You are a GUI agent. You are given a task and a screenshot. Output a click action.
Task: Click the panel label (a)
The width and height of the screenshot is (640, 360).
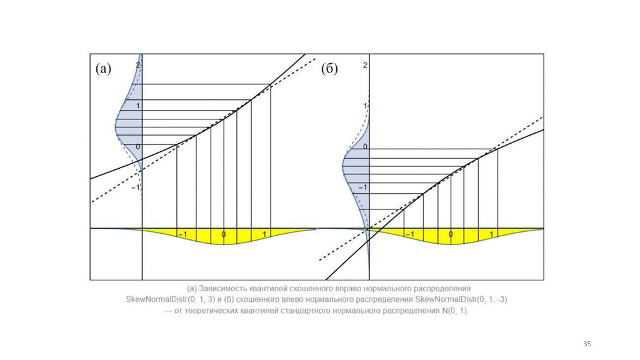tap(103, 69)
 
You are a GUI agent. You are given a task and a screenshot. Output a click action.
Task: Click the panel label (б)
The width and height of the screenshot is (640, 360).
tap(329, 69)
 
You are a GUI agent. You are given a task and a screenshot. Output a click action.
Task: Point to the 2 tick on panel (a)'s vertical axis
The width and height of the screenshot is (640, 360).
tap(139, 64)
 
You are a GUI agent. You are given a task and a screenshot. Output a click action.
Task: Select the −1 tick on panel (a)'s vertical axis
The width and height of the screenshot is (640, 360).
tap(137, 186)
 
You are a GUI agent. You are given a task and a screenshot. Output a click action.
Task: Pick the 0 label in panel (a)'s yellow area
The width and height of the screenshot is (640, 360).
tap(223, 234)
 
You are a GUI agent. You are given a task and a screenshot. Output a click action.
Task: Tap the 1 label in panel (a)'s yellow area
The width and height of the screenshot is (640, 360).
tap(266, 234)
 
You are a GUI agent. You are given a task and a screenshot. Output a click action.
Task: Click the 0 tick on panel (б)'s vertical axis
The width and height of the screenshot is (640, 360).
tap(366, 147)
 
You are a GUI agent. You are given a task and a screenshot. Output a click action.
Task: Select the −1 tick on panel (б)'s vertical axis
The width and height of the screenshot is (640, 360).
tap(364, 187)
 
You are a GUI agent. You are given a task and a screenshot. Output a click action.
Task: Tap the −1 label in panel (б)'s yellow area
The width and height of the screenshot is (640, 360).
tap(409, 234)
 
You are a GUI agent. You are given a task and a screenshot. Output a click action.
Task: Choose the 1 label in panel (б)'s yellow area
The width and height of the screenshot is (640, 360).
tap(492, 234)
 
